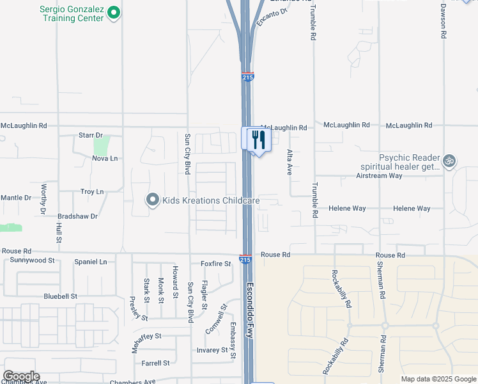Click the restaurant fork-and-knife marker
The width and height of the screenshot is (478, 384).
(258, 140)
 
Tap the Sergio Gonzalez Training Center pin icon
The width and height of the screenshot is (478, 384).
(114, 12)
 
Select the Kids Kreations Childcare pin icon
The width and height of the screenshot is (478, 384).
(152, 200)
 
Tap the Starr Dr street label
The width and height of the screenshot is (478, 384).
(90, 136)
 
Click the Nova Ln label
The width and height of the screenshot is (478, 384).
(105, 158)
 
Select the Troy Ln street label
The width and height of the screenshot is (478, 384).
(92, 192)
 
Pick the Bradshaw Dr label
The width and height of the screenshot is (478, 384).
(77, 216)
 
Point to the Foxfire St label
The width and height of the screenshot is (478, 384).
(215, 264)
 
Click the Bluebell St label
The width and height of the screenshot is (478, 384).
(60, 296)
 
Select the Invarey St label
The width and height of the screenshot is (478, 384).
(212, 350)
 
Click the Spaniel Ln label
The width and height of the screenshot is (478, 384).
(91, 262)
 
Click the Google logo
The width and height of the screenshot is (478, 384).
(21, 376)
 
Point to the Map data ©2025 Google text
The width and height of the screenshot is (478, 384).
(438, 379)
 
